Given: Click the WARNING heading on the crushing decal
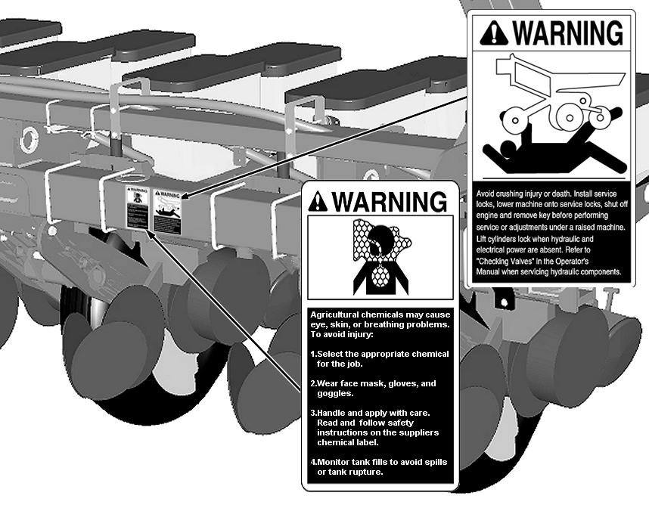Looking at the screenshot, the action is click(567, 33).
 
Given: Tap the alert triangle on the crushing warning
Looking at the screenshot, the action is click(493, 33).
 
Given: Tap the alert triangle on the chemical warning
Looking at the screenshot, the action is click(318, 201).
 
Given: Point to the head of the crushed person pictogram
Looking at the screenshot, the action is click(508, 147).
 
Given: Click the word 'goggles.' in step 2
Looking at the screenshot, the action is click(335, 394).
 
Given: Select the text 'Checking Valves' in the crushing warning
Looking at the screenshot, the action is click(501, 261).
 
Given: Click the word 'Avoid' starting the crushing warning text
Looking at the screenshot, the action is click(485, 194).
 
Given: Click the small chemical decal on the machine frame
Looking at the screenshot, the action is click(137, 207).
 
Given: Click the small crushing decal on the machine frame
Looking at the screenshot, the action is click(167, 210).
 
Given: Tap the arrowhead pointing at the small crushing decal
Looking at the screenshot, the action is click(186, 195).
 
